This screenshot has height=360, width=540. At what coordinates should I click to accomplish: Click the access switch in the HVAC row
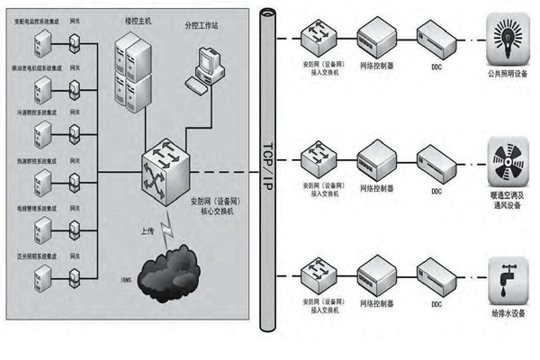pyautogui.click(x=320, y=160)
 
